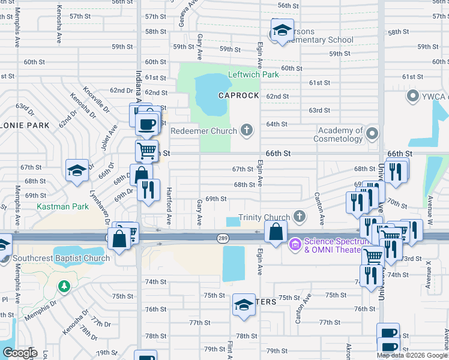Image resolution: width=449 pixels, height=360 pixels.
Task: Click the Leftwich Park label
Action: [253, 75]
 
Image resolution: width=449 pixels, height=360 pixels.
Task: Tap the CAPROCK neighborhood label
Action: [238, 96]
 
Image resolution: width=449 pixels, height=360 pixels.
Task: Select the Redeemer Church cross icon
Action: [246, 130]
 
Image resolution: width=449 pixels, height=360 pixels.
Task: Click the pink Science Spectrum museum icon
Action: [295, 244]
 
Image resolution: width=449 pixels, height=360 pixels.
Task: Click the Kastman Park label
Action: [62, 207]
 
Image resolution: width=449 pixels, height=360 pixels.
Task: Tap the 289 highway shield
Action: [221, 238]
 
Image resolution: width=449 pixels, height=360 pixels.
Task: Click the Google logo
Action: [20, 353]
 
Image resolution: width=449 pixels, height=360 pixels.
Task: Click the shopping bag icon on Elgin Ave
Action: [276, 233]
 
